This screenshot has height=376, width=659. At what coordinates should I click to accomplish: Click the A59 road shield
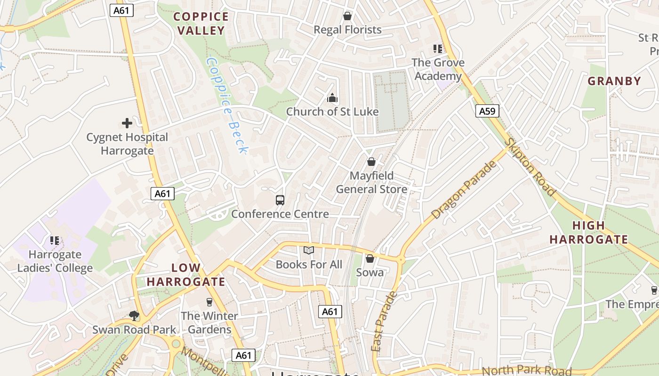(487, 111)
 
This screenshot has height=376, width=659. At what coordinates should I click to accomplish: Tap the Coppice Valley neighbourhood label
(201, 23)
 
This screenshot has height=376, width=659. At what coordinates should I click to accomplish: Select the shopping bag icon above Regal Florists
(347, 16)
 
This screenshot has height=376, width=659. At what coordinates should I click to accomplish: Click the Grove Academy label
(438, 69)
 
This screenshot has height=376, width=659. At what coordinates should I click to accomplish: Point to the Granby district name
(614, 81)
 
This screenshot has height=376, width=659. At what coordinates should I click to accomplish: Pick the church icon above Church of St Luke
(332, 98)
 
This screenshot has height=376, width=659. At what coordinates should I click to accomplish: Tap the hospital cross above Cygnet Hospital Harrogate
(127, 124)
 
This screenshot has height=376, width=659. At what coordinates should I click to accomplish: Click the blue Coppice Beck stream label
(227, 106)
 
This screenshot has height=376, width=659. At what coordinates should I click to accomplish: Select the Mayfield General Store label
(371, 182)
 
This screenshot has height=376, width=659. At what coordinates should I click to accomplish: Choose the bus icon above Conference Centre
(280, 200)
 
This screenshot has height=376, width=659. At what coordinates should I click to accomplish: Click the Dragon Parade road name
(464, 190)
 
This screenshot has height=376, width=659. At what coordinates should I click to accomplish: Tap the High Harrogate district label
(588, 233)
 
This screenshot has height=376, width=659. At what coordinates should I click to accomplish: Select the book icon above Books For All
(308, 251)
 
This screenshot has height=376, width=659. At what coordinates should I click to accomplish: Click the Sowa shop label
(370, 273)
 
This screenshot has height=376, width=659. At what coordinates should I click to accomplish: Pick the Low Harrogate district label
(185, 275)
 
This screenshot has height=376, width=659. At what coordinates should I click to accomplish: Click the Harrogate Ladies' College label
(55, 261)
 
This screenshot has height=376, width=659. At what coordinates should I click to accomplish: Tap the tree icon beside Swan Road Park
(134, 315)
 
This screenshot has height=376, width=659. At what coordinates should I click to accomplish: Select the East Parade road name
(384, 322)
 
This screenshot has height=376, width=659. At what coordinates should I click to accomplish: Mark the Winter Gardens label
(209, 322)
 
